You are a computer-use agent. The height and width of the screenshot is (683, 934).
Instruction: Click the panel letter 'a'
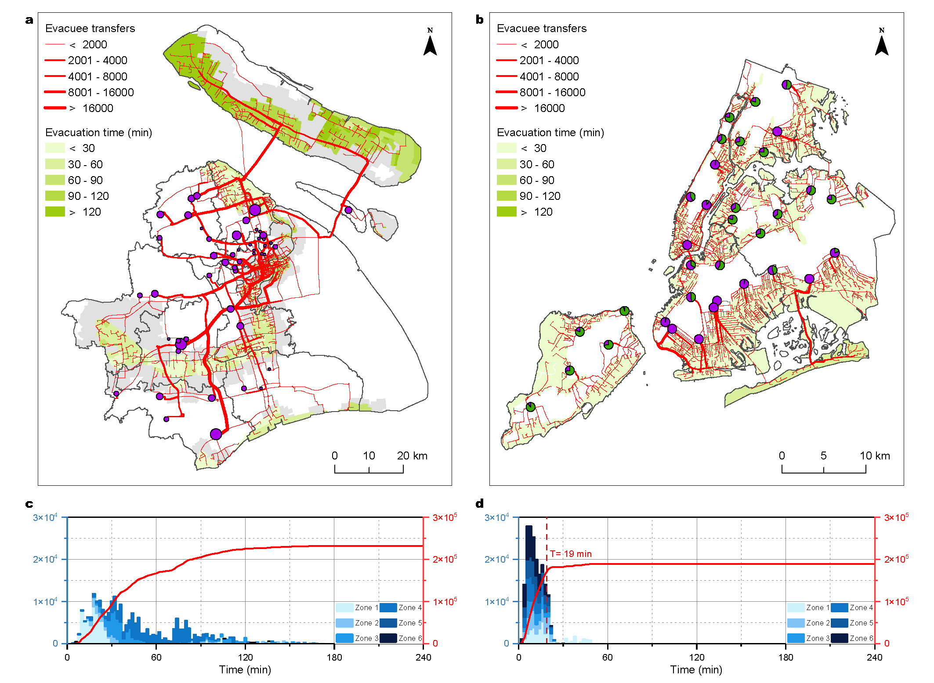(29, 20)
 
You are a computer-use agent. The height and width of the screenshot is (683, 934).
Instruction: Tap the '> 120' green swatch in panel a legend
(55, 212)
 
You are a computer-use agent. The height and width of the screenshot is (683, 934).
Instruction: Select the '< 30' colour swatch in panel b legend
(506, 148)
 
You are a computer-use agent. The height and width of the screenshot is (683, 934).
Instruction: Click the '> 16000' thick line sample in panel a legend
(55, 108)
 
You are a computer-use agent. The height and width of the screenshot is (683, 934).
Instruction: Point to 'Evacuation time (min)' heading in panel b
(550, 132)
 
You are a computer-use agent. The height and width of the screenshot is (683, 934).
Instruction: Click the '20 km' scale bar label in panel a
(412, 455)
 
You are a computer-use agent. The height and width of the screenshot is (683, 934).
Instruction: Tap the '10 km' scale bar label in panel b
(874, 455)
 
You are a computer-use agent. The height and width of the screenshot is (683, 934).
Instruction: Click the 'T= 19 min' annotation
(571, 554)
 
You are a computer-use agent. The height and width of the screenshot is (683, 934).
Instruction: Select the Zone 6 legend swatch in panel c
(388, 638)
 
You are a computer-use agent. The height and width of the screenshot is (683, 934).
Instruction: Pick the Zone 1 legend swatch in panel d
(796, 607)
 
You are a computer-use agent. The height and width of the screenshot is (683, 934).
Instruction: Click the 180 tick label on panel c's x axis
(334, 657)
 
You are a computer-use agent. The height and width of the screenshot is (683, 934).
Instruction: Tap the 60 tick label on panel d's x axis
(608, 657)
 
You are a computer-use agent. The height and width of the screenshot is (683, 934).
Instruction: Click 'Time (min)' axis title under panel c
(245, 669)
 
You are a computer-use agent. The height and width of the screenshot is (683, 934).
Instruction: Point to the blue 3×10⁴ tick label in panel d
(496, 517)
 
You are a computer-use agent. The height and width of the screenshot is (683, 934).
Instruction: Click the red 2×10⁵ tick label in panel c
(444, 559)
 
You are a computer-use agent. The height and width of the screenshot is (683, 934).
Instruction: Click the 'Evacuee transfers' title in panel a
(90, 29)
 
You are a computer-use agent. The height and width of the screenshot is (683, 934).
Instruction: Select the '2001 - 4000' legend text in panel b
(549, 60)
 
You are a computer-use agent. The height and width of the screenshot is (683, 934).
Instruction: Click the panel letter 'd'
(480, 504)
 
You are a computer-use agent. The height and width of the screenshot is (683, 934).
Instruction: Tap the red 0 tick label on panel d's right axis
(887, 643)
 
